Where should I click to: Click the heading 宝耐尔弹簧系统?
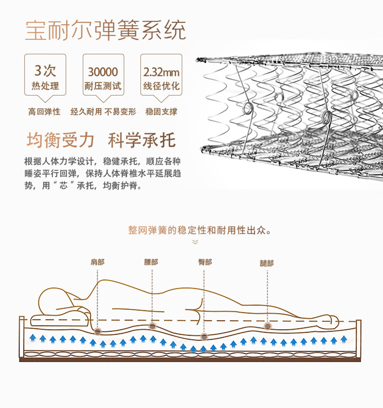point(105,30)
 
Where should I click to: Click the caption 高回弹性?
point(44,112)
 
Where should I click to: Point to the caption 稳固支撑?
point(161,112)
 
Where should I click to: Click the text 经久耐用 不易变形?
point(103,112)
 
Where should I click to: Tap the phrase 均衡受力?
point(60,140)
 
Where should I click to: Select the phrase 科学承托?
point(142,140)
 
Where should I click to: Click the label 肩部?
point(97,262)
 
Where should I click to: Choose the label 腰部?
point(151,262)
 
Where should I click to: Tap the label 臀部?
point(205,262)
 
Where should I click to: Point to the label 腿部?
point(267,263)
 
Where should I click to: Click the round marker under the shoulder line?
point(98,331)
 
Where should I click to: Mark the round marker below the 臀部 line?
point(204,336)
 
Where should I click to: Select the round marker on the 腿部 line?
point(267,326)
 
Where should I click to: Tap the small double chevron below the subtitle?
point(195,242)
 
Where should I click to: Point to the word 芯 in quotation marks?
point(65,186)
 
